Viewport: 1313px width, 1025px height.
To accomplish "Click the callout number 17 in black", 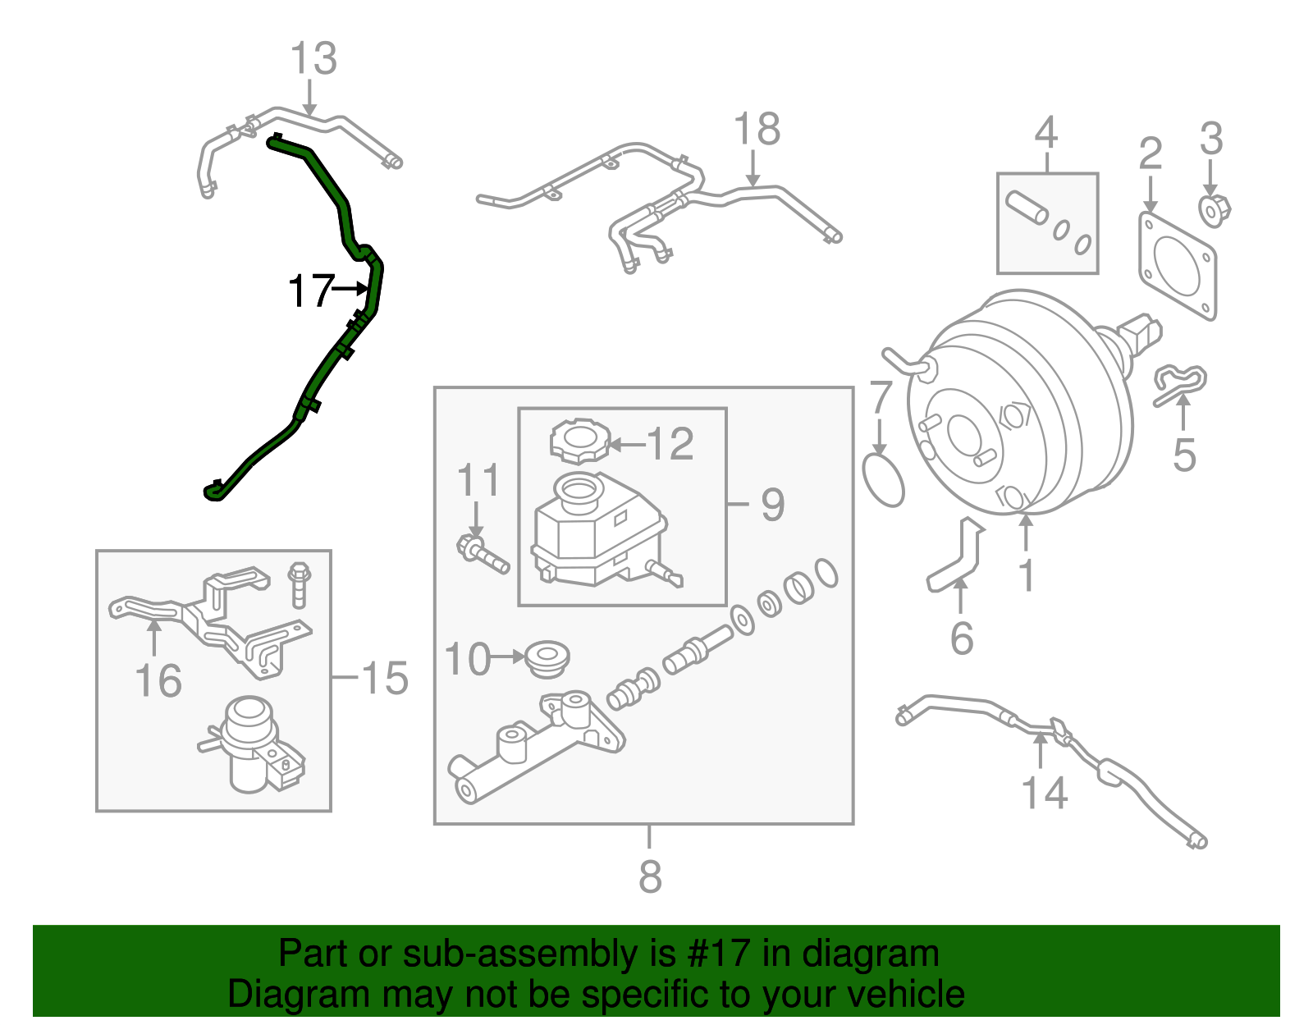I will coord(310,291).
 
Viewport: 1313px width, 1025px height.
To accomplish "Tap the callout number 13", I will coord(313,59).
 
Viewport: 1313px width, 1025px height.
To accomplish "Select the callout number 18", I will coord(756,130).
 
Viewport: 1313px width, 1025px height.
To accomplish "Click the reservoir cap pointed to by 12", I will coord(580,442).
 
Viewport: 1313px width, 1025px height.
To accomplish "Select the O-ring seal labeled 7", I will coord(884,483).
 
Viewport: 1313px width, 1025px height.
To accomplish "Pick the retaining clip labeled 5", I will coord(1180,383).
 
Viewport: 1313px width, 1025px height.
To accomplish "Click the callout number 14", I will coord(1044,794).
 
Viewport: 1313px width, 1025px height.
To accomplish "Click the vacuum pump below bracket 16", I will coord(251,744).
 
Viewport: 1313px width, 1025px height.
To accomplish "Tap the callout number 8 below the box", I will coord(649,876).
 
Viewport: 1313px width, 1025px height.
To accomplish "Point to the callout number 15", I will coord(384,679).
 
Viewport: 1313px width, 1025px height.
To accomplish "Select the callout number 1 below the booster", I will coord(1026,575).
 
